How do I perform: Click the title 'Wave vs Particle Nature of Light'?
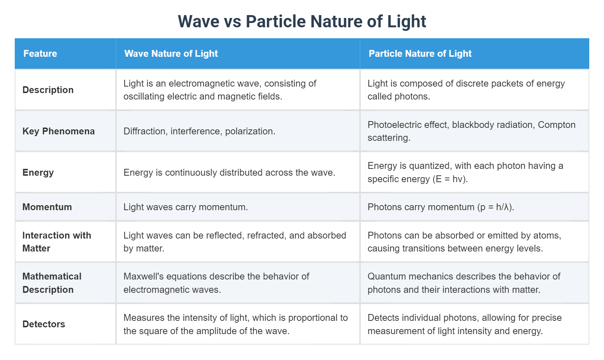302,22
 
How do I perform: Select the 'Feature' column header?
40,54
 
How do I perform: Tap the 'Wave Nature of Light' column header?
171,54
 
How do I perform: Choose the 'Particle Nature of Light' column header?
420,54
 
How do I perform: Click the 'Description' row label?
48,90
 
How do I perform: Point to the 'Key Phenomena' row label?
59,131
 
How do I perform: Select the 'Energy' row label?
38,173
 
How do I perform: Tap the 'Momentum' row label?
47,207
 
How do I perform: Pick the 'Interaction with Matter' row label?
57,242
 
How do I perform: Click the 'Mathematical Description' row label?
52,283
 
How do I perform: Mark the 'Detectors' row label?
44,324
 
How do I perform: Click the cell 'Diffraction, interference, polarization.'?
199,131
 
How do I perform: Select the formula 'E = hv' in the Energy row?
450,179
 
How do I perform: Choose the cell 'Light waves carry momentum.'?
186,207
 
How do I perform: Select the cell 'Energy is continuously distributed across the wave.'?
229,173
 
